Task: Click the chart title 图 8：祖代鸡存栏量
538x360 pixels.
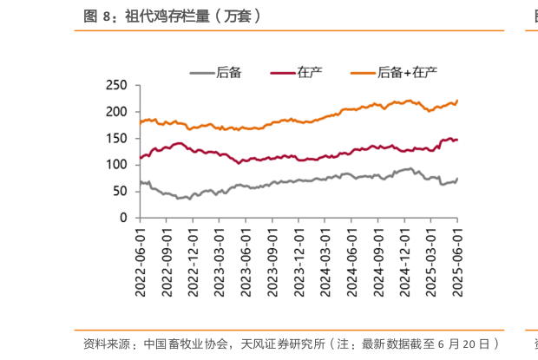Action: (x=174, y=16)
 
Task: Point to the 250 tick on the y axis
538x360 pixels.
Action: (x=117, y=86)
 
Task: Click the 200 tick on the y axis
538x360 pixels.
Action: (x=117, y=112)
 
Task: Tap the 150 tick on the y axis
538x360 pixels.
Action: (x=117, y=138)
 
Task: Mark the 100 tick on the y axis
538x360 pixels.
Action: (x=117, y=164)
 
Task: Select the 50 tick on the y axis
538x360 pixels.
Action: (x=120, y=190)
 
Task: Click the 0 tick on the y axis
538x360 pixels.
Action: (x=123, y=217)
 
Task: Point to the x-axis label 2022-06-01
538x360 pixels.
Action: (x=140, y=258)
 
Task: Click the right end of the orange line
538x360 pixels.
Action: (x=457, y=101)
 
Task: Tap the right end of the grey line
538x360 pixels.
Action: (x=457, y=179)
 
